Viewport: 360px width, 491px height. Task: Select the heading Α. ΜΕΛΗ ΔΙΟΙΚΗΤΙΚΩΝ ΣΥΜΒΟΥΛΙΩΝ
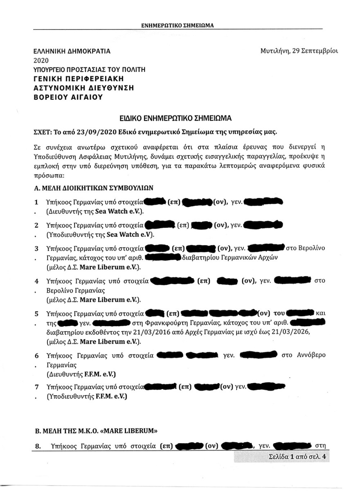click(x=94, y=188)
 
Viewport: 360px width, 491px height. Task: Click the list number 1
click(x=36, y=203)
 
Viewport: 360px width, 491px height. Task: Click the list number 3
click(x=36, y=248)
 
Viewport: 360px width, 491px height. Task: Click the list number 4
click(x=36, y=282)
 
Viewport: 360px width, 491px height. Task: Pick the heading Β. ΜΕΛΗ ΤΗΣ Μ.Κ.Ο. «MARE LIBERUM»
click(x=95, y=431)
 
